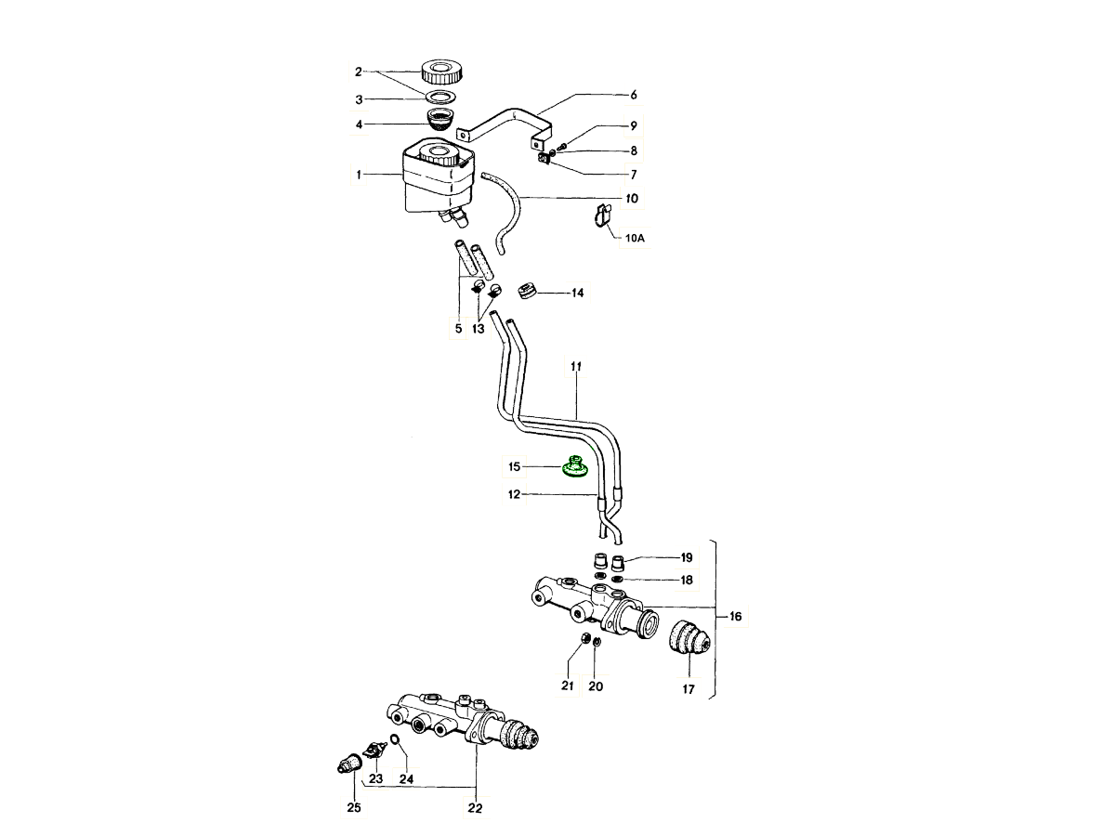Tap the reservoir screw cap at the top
point(442,70)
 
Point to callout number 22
point(475,808)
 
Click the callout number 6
point(633,95)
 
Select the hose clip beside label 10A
point(600,215)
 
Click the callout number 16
point(735,616)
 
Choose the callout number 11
point(575,369)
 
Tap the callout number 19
point(687,558)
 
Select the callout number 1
point(360,174)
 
